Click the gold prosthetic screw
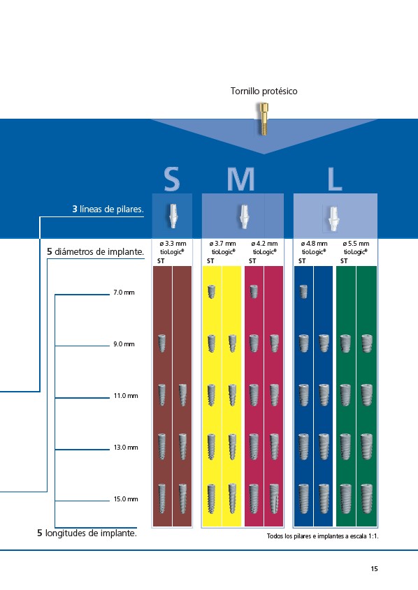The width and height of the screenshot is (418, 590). click(x=264, y=119)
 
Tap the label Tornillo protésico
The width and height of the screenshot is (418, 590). click(x=264, y=91)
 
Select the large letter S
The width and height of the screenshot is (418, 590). click(x=172, y=179)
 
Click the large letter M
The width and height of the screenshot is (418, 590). click(x=241, y=179)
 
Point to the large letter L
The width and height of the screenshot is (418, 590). click(x=335, y=179)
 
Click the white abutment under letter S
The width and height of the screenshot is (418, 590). click(x=173, y=216)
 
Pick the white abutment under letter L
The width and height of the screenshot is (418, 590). click(x=333, y=219)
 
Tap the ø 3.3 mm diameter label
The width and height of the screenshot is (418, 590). click(x=173, y=244)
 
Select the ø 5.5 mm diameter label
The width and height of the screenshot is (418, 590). click(x=356, y=244)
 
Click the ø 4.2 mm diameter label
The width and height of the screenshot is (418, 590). click(x=264, y=244)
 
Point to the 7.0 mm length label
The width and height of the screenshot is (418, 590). click(x=124, y=293)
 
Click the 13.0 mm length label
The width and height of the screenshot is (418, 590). click(x=126, y=448)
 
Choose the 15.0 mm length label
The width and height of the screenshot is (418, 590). click(x=126, y=499)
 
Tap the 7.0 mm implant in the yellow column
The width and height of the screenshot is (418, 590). click(x=212, y=292)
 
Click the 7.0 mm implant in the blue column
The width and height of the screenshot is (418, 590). click(x=303, y=292)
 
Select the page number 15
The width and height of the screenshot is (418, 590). click(x=375, y=568)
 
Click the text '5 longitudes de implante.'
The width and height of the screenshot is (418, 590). click(x=87, y=533)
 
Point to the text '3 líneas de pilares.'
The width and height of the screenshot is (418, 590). click(x=108, y=209)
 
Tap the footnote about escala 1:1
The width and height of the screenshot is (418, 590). click(x=323, y=536)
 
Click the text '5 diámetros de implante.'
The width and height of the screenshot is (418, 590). click(x=96, y=252)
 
